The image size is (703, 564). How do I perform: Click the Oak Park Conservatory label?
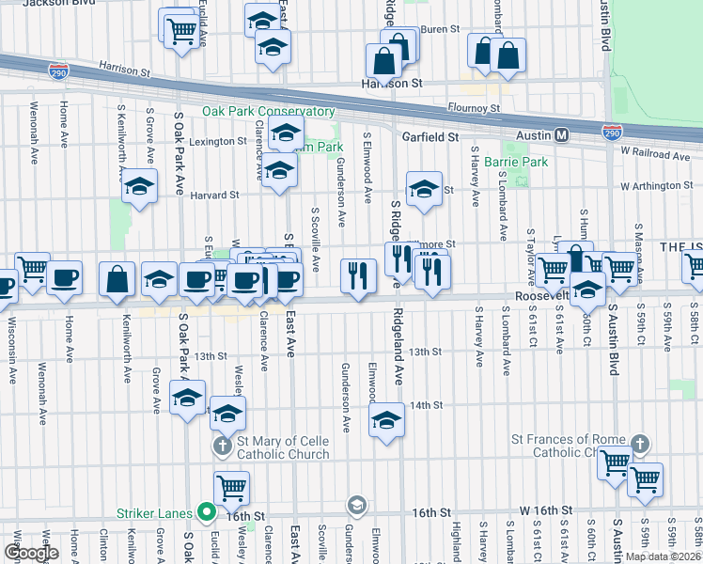pos(268,111)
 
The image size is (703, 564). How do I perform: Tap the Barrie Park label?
pos(515,163)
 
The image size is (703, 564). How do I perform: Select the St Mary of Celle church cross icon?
pos(221,444)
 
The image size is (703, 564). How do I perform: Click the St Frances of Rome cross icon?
pos(640,442)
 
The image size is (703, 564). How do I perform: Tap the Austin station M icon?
pos(562,135)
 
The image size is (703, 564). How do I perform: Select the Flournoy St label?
pos(473,109)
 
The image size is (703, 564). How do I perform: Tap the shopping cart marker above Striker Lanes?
pos(231,487)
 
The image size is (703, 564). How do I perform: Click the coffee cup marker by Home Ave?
pos(65,278)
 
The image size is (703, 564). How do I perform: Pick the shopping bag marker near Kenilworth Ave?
pos(117,279)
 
